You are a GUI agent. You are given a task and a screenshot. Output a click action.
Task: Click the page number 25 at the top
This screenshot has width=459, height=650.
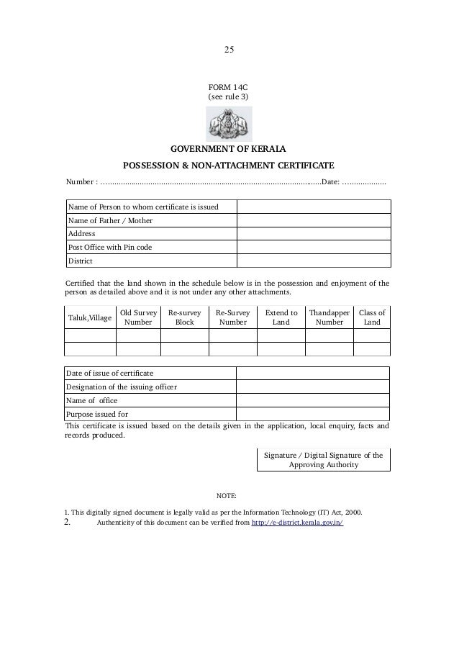click(229, 50)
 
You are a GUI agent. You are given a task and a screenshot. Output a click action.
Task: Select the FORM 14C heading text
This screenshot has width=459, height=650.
click(228, 86)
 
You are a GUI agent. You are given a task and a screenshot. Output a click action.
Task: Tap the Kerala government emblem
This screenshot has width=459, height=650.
click(228, 124)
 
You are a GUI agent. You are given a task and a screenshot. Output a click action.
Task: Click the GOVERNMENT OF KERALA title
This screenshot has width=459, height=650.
click(228, 150)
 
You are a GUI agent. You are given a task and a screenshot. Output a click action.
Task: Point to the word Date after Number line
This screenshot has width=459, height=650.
click(329, 182)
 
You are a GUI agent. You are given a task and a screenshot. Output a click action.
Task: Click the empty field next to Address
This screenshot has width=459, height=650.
click(314, 234)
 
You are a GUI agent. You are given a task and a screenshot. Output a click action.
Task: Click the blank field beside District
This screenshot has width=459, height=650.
click(314, 261)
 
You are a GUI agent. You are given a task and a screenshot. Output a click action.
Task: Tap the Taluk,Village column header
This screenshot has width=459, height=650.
click(90, 317)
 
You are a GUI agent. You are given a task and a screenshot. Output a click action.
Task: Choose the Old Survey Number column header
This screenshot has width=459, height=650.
click(137, 317)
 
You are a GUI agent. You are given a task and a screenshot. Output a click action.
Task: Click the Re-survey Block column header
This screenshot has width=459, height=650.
click(185, 317)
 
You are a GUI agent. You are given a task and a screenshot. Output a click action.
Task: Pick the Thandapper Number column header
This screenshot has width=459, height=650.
click(330, 317)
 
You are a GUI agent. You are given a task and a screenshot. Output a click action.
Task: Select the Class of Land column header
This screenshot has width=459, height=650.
click(372, 317)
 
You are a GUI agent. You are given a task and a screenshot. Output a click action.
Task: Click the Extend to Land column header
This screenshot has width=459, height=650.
click(281, 317)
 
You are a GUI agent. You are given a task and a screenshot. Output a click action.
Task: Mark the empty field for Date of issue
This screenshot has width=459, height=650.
click(314, 373)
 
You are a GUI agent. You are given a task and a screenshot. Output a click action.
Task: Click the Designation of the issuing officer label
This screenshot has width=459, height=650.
click(122, 387)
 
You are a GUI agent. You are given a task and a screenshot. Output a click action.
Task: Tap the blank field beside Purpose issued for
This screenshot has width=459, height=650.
click(314, 414)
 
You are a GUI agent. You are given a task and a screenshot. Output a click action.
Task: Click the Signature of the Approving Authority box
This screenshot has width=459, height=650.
click(323, 460)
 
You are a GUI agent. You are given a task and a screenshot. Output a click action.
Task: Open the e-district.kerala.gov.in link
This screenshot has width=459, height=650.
click(296, 523)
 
